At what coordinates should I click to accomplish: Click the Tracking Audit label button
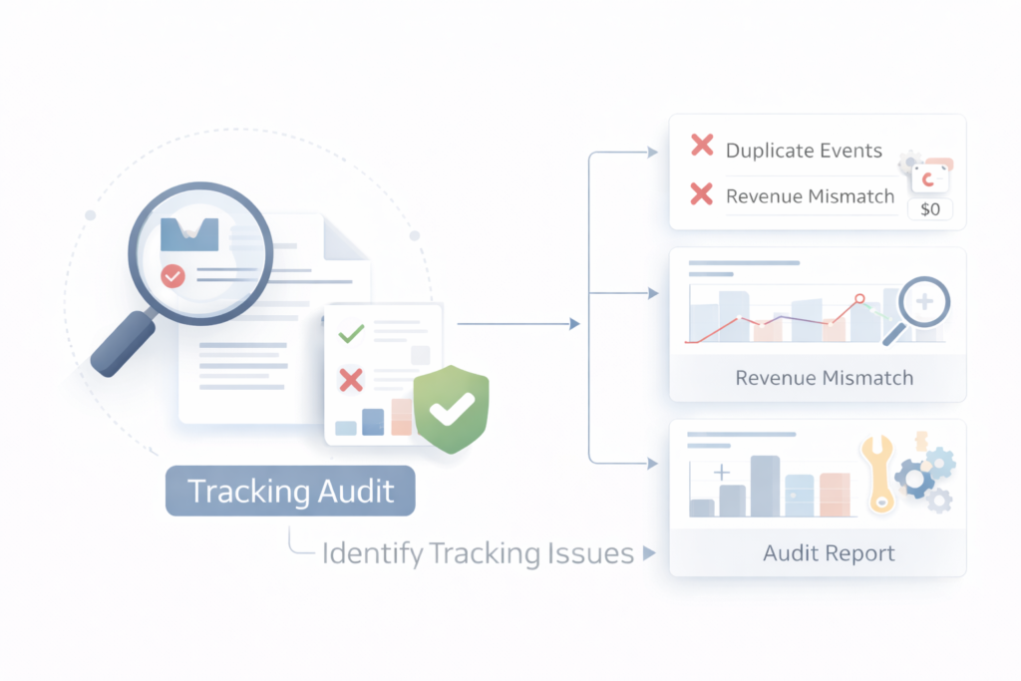tap(290, 492)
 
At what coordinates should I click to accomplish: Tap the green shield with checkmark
tap(451, 409)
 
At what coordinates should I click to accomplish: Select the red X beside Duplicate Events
tap(702, 147)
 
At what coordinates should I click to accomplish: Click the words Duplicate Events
tap(804, 151)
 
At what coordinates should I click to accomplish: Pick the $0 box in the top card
tap(930, 209)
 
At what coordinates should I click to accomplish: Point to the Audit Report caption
tap(829, 553)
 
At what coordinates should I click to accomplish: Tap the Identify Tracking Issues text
tap(478, 553)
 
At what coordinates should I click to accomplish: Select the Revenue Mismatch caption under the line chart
tap(824, 378)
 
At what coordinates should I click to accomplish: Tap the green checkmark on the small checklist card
tap(350, 333)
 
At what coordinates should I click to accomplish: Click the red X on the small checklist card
tap(350, 379)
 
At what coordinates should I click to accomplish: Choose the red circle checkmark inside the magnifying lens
tap(172, 275)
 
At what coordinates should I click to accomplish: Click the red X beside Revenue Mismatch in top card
tap(702, 194)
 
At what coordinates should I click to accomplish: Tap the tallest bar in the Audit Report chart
tap(764, 486)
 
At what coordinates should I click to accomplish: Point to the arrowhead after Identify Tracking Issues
tap(649, 553)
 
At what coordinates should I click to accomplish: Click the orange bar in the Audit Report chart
tap(834, 495)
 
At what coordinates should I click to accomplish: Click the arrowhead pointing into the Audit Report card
tap(653, 464)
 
